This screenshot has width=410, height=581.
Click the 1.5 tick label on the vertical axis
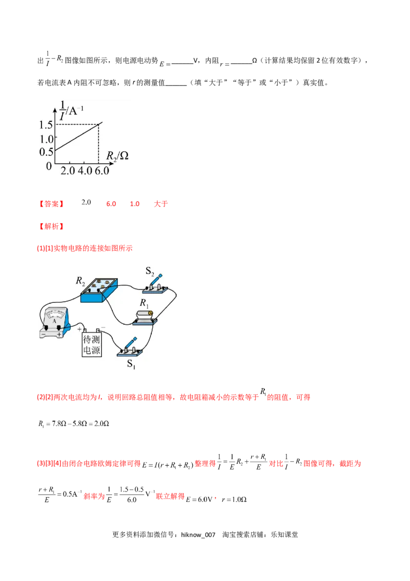click(x=46, y=125)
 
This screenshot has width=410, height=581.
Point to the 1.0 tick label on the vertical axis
click(x=46, y=139)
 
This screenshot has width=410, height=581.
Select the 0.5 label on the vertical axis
click(x=46, y=152)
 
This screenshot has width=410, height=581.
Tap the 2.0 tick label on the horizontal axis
click(x=68, y=171)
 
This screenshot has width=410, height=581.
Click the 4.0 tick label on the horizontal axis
click(x=84, y=171)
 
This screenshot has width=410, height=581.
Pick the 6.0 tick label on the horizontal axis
click(x=101, y=171)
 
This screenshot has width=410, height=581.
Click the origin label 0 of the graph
click(x=49, y=166)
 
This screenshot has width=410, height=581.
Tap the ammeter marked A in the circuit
click(x=54, y=322)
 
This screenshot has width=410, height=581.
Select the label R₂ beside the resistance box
click(x=80, y=280)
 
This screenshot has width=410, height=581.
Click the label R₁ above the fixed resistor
click(x=145, y=303)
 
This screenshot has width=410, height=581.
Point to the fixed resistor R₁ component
click(x=144, y=316)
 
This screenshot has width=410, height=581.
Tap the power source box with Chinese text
click(x=92, y=344)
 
